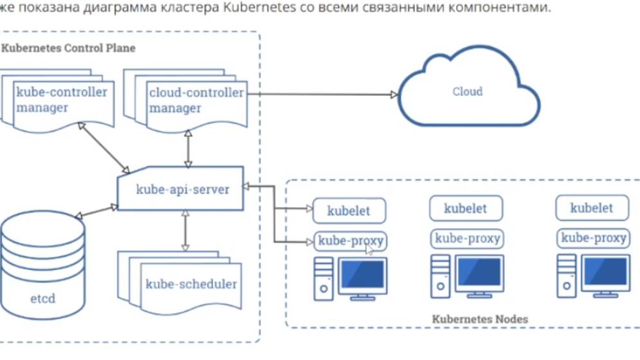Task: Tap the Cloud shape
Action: (x=467, y=91)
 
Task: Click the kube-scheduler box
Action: (x=191, y=283)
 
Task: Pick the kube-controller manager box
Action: (x=61, y=100)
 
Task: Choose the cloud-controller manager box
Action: (x=196, y=100)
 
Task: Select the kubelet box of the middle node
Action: (x=466, y=208)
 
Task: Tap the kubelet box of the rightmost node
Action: (x=591, y=208)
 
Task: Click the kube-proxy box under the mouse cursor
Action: (x=351, y=241)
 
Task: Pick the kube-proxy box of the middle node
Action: (x=466, y=239)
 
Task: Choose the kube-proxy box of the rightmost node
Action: (x=592, y=239)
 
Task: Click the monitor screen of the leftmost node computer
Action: (x=362, y=274)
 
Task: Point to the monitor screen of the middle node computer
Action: (x=479, y=272)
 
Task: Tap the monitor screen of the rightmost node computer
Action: (x=606, y=272)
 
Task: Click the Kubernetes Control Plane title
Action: (x=69, y=48)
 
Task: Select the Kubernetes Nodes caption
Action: (x=479, y=319)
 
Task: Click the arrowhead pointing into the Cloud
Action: (x=394, y=94)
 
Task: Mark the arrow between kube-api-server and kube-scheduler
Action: (x=185, y=230)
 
